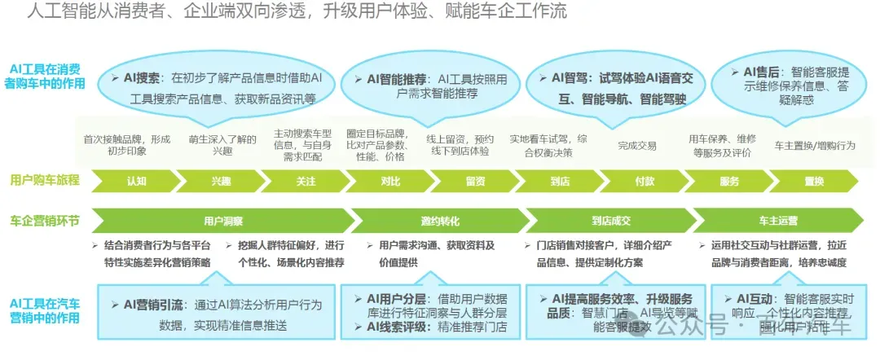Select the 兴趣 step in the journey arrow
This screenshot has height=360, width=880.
click(221, 181)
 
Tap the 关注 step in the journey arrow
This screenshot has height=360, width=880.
click(306, 181)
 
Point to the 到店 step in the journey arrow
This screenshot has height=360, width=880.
click(559, 181)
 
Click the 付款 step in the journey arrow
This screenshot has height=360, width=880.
click(645, 181)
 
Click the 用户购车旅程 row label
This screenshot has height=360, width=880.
click(45, 181)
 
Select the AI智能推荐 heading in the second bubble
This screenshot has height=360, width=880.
click(397, 79)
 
